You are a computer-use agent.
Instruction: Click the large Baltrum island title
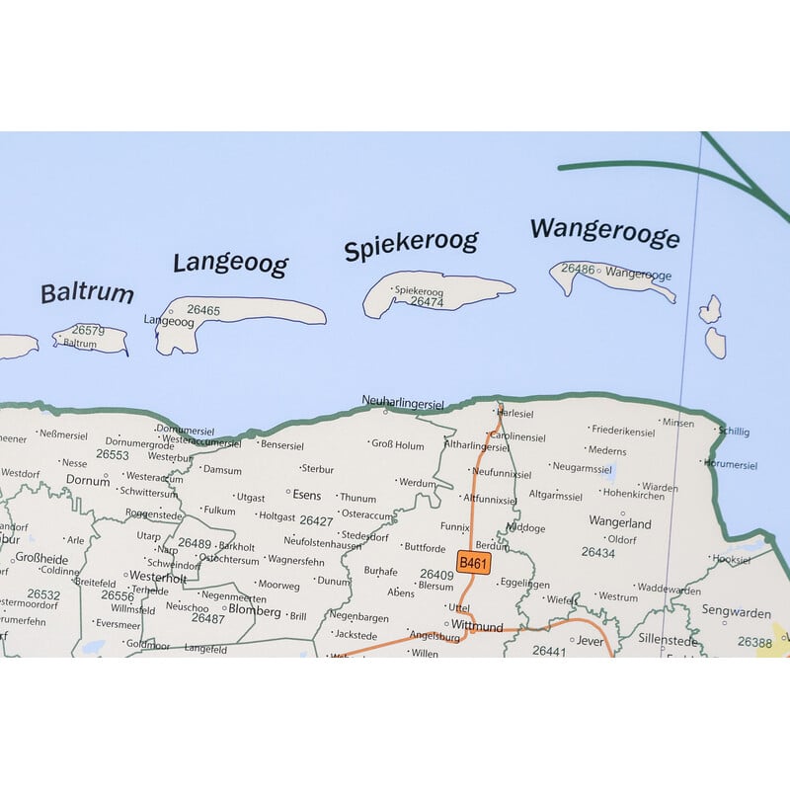coord(87,293)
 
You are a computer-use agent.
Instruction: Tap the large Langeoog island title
coord(231,264)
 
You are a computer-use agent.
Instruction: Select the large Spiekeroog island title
coord(411,246)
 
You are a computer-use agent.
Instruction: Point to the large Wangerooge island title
coord(604,234)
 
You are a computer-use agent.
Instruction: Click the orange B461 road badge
coord(474,563)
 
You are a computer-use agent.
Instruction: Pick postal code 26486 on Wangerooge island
coord(578,269)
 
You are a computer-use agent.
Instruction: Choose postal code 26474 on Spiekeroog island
coord(428,302)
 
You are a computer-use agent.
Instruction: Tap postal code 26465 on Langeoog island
coord(203,310)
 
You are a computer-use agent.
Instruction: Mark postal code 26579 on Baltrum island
coord(89,331)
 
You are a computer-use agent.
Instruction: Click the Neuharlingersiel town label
coord(403,401)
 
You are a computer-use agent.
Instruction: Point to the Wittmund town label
coord(477,626)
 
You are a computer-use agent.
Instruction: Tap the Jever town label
coord(590,640)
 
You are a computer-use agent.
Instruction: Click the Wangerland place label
coord(620,522)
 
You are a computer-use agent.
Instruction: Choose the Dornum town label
coord(88,481)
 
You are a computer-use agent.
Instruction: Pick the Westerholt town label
coord(158,577)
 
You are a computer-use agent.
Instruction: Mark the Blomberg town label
coord(255,610)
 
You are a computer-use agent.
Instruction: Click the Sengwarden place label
coord(736,612)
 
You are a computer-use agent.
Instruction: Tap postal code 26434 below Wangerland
coord(598,553)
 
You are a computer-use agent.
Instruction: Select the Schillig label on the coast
coord(735,432)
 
